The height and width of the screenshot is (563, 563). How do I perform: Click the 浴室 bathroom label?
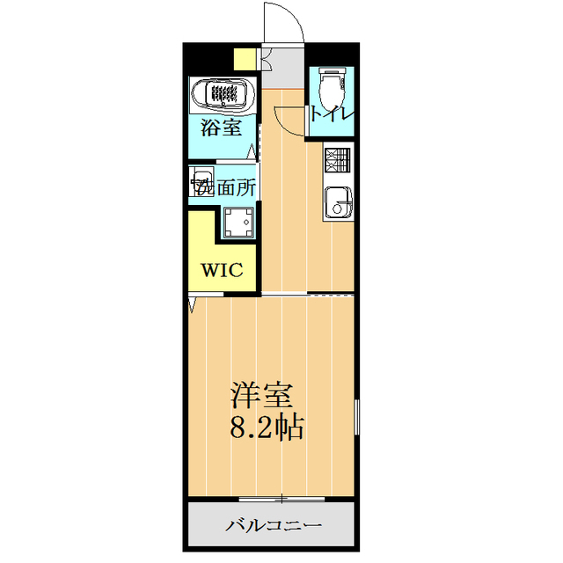[221, 128]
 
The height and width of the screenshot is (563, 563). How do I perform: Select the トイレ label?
[332, 114]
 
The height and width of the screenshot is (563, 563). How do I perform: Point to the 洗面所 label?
[225, 186]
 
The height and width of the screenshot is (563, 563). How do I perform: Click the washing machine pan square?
[238, 223]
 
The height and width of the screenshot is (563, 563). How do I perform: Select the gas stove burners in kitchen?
[337, 159]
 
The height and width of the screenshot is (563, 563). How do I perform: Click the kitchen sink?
[336, 202]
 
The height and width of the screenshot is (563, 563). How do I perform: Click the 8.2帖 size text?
[267, 428]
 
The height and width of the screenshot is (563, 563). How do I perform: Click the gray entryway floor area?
[282, 75]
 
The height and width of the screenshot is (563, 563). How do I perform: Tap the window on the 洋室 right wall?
[357, 418]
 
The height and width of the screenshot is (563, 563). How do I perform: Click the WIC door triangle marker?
[193, 304]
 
